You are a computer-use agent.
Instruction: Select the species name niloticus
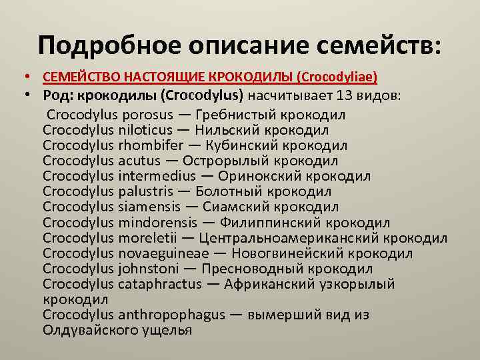[145, 130]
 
